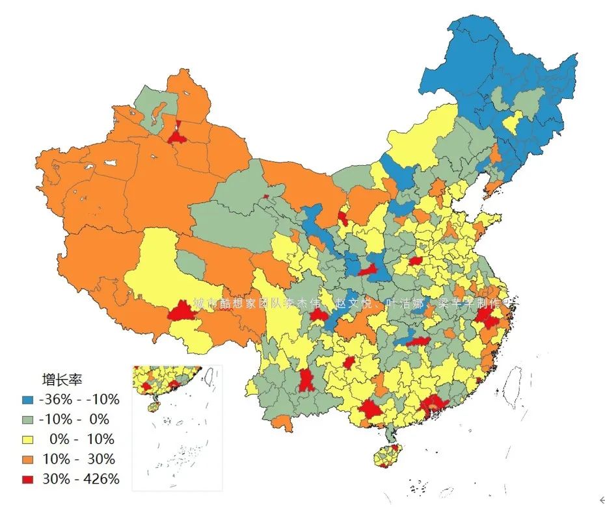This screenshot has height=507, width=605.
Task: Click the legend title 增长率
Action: tap(62, 379)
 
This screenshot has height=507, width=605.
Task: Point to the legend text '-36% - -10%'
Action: tap(79, 399)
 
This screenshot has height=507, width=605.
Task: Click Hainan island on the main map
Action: tap(389, 455)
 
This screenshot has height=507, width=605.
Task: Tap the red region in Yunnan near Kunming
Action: tap(306, 380)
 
